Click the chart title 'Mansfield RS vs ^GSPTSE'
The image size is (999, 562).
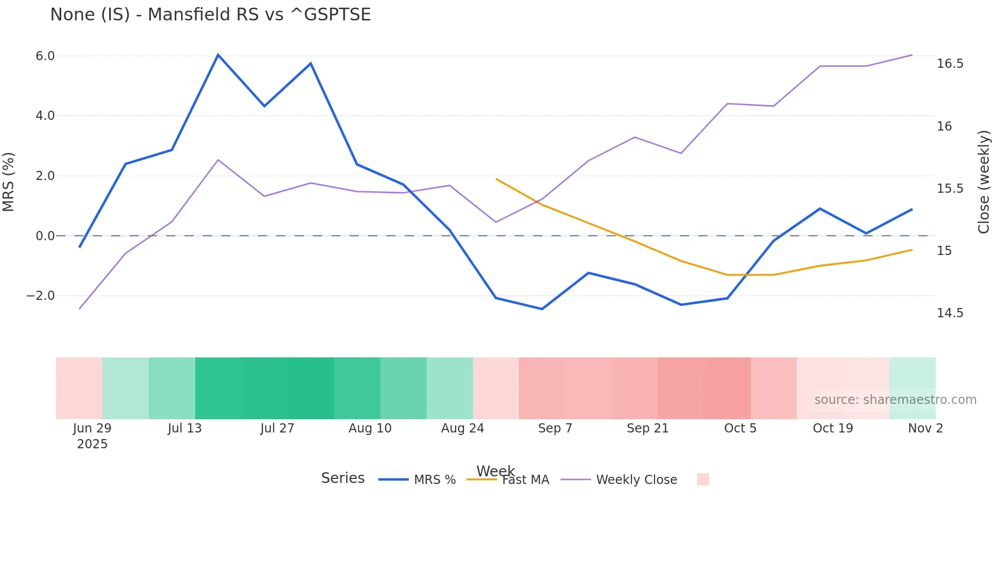[210, 15]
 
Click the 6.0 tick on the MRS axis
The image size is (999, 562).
[45, 56]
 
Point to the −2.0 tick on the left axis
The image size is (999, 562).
[40, 296]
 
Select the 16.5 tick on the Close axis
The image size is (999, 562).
[950, 64]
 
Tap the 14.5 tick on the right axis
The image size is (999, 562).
[950, 313]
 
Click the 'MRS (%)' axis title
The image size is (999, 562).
[9, 182]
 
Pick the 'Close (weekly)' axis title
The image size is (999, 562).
[984, 182]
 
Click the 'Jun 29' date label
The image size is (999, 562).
[92, 428]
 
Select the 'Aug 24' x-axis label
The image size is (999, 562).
[462, 428]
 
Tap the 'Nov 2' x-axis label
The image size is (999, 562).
[925, 428]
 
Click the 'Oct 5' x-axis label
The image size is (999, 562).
[740, 428]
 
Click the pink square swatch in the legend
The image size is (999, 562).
[703, 479]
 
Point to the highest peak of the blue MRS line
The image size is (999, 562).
[218, 55]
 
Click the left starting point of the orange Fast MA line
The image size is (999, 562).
[496, 179]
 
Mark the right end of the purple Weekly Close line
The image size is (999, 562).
[912, 55]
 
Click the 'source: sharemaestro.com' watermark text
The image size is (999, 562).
[895, 400]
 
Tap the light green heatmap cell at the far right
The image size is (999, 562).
[912, 377]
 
